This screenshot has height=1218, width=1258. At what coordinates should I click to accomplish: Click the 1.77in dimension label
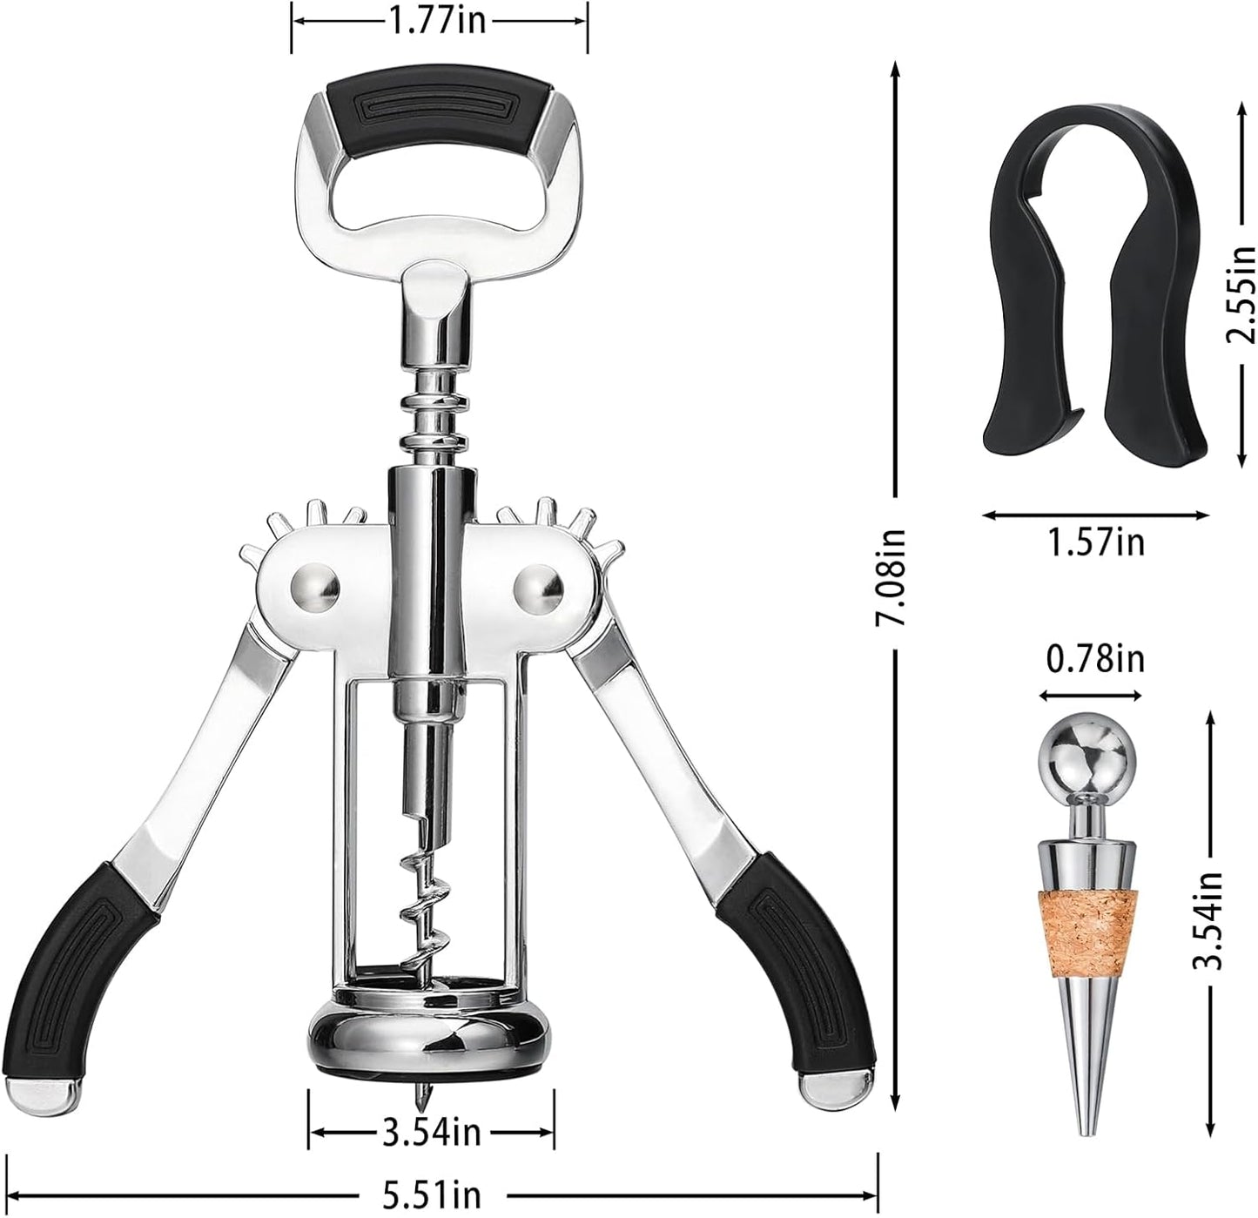438,18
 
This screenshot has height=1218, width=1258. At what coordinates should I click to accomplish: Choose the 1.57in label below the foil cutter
1096,542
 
